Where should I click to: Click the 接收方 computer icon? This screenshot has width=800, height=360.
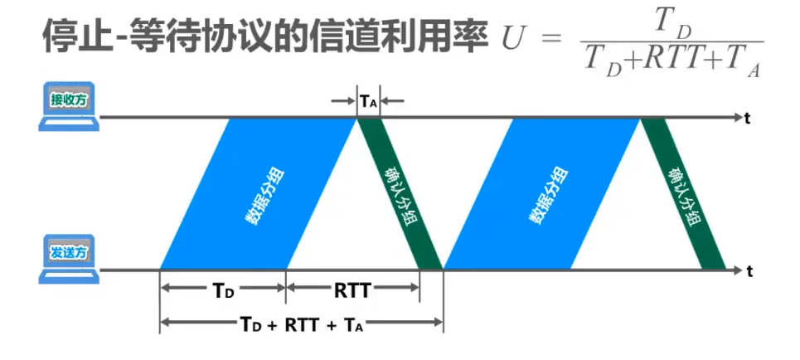(70, 109)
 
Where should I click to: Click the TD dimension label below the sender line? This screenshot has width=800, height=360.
(223, 289)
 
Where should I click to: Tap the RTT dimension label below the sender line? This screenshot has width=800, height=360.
(352, 289)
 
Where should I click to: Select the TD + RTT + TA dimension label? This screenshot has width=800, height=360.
(301, 324)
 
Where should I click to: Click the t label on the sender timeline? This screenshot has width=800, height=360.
(749, 270)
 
